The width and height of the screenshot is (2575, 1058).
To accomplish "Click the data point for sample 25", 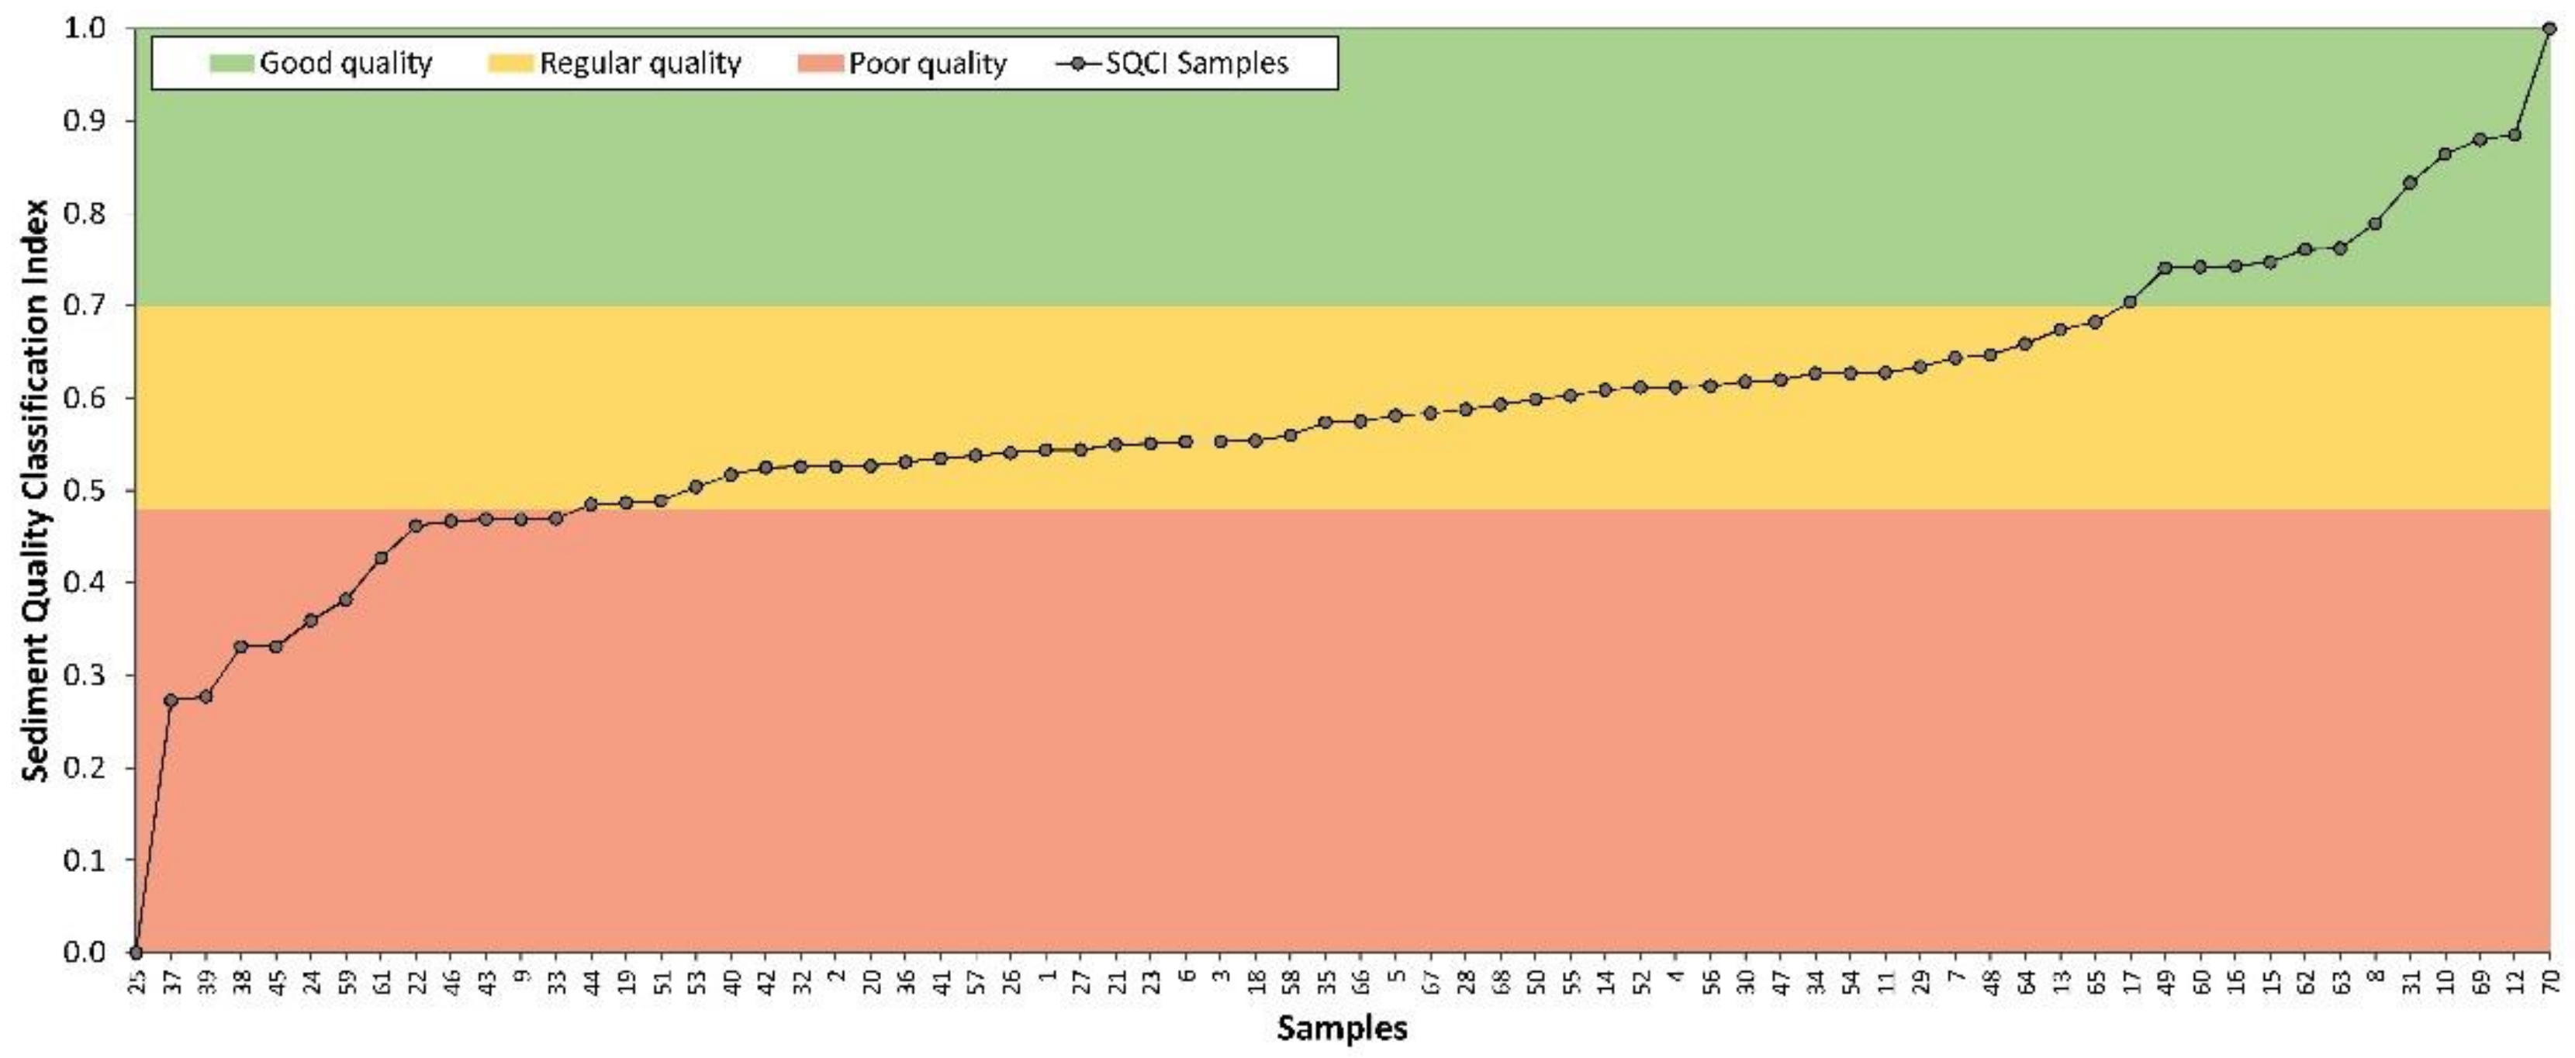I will (x=136, y=951).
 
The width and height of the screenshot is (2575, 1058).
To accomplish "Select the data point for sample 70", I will (x=2549, y=29).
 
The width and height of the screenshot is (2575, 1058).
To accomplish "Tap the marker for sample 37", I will (x=171, y=700).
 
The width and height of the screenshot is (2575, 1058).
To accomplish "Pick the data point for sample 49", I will (x=2165, y=268).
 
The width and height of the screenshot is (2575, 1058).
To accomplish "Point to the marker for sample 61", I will (x=381, y=558).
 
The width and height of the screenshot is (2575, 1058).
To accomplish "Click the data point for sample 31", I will (x=2410, y=183).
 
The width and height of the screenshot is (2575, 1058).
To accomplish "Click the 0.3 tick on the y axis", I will (x=87, y=675).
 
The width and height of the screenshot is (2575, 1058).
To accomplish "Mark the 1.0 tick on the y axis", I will (x=87, y=29).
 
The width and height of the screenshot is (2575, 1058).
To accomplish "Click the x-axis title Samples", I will (x=1342, y=1028).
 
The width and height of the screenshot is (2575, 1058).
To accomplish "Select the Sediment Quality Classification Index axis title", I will (x=37, y=490).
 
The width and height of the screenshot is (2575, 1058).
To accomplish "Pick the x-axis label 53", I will (x=696, y=982).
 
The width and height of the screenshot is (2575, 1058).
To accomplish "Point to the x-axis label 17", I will (x=2130, y=982).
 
